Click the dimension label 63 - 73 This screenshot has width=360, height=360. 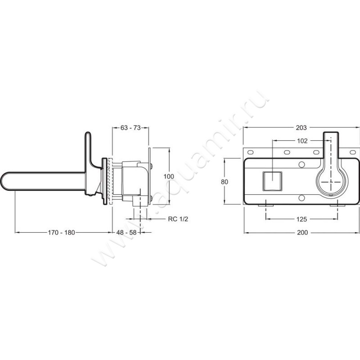coord(130,128)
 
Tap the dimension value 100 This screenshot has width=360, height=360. coord(169,176)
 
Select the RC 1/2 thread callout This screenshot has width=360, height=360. coord(178,219)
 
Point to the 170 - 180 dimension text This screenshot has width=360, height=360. coord(61,233)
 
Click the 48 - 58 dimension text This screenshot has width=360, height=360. coord(126,233)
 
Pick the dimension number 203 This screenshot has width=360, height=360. coord(301,128)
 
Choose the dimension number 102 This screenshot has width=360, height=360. coord(302,141)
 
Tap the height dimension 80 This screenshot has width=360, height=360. coord(225,182)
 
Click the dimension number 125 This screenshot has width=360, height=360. coord(301,219)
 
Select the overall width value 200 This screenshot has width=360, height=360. coord(302,233)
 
